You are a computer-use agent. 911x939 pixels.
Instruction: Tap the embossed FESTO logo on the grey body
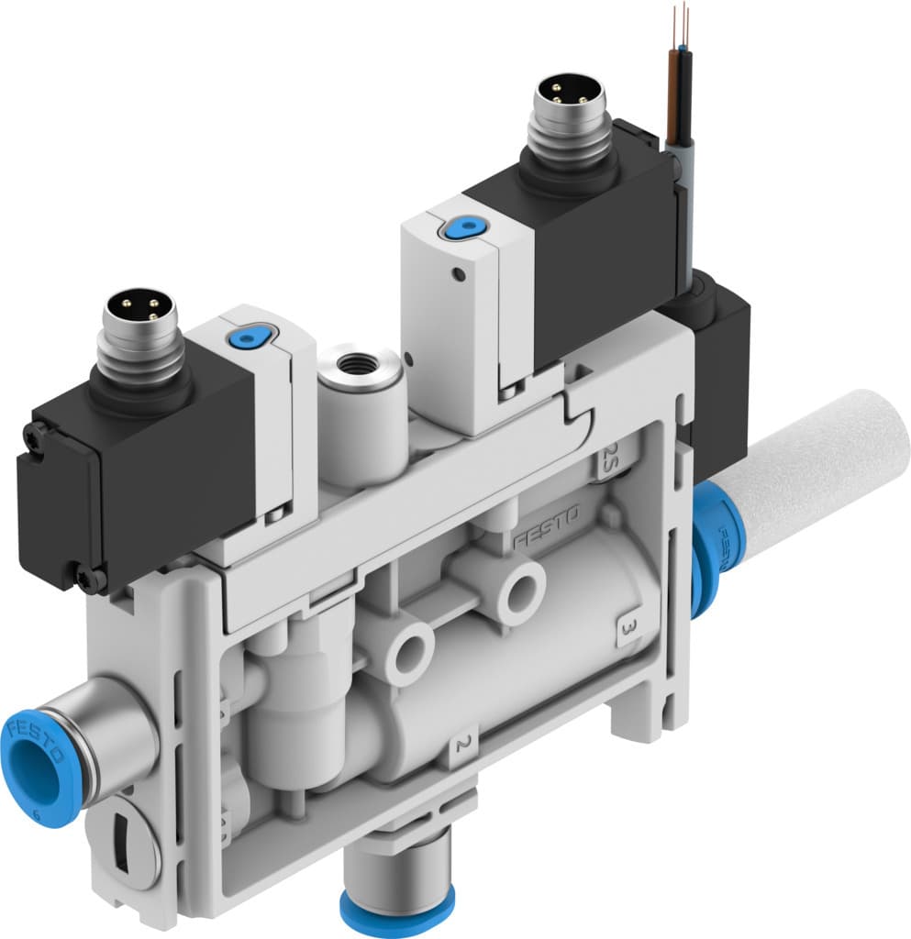[x=545, y=531]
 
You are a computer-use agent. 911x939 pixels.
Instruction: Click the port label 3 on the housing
[x=628, y=630]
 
